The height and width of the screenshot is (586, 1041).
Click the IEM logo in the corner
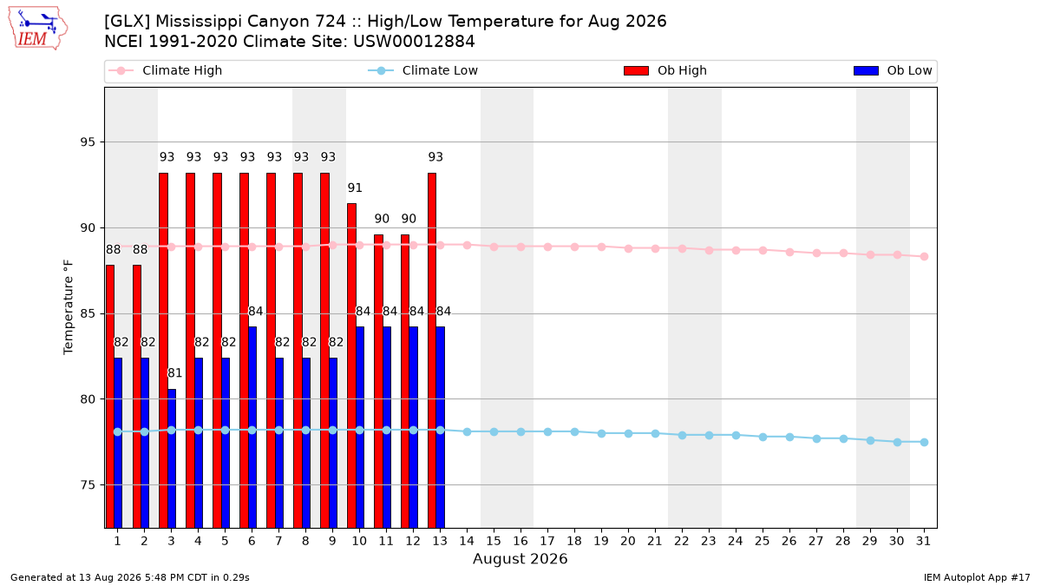(38, 28)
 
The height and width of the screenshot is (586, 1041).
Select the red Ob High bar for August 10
(352, 365)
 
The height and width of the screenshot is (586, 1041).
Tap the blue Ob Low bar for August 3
(172, 458)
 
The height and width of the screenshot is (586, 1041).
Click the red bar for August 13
(432, 351)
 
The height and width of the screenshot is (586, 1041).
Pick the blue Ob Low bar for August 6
(252, 427)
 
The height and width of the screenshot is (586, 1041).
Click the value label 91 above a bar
(355, 188)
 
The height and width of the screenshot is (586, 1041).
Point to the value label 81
(174, 373)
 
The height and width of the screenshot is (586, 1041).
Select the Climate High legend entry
(166, 70)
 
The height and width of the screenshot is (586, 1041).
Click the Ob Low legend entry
(893, 70)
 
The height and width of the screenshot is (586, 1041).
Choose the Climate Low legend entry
(423, 70)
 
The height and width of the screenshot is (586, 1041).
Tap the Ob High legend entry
(665, 70)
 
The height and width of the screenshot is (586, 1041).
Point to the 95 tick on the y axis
(88, 142)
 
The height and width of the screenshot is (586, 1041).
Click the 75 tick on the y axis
(88, 485)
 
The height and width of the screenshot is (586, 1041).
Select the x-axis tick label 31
(923, 542)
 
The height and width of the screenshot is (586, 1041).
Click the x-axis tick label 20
(628, 542)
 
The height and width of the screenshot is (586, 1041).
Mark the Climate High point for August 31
(925, 257)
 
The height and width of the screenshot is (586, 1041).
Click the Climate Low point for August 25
(763, 438)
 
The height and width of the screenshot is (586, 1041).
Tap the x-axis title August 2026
(520, 559)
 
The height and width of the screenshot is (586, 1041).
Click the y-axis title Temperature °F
(69, 307)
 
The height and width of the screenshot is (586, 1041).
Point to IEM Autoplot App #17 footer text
(977, 577)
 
